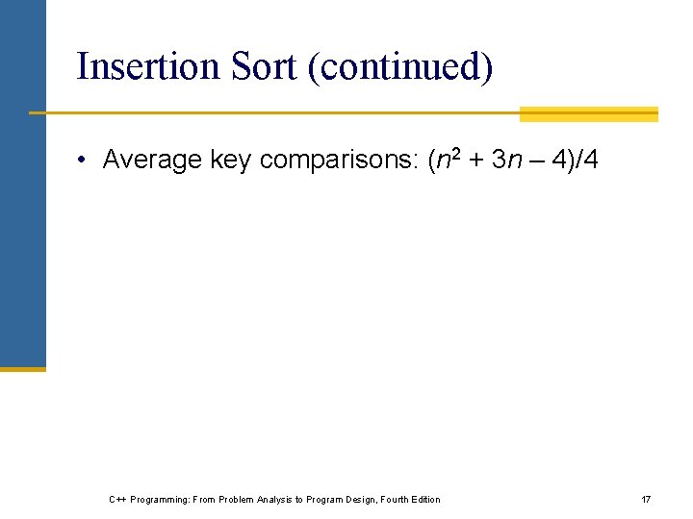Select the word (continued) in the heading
point(401,68)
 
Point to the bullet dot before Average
point(85,161)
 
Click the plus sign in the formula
point(475,161)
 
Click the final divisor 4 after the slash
point(589,160)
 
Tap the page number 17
point(646,500)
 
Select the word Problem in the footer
point(237,500)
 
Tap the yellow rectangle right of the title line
point(588,114)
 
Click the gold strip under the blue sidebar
point(23,368)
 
